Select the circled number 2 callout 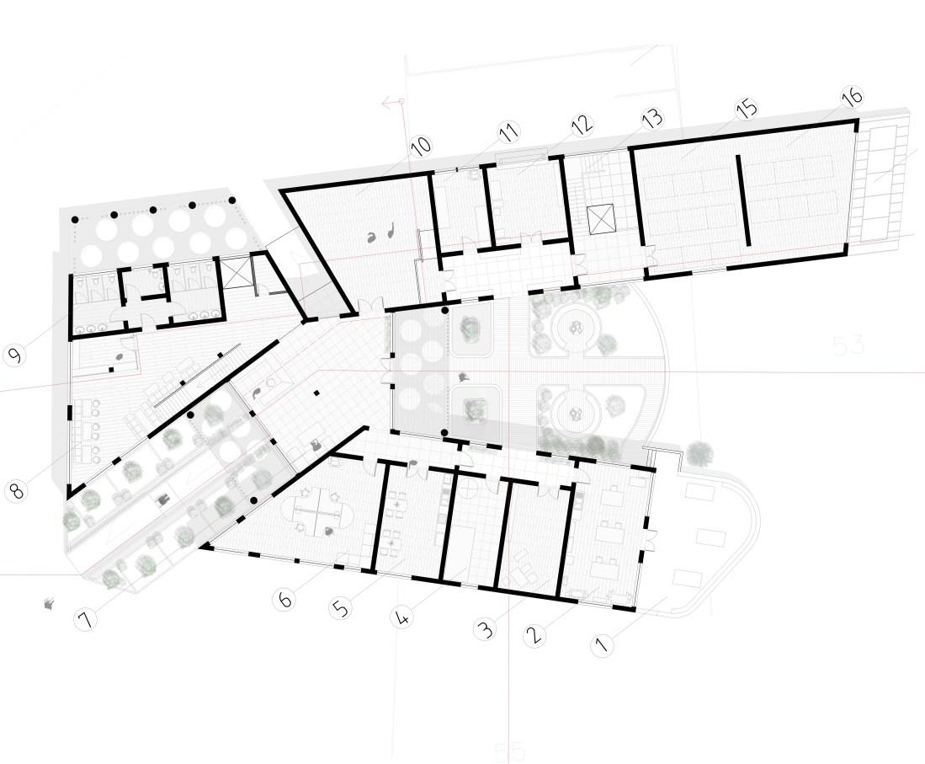532,635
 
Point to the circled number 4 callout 403,617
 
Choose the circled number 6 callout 285,600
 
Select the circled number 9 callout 14,355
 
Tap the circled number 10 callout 421,145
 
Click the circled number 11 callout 508,132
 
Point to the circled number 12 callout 582,126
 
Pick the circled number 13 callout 651,117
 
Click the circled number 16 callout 851,96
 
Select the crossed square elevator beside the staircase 603,219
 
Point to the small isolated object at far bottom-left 50,603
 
